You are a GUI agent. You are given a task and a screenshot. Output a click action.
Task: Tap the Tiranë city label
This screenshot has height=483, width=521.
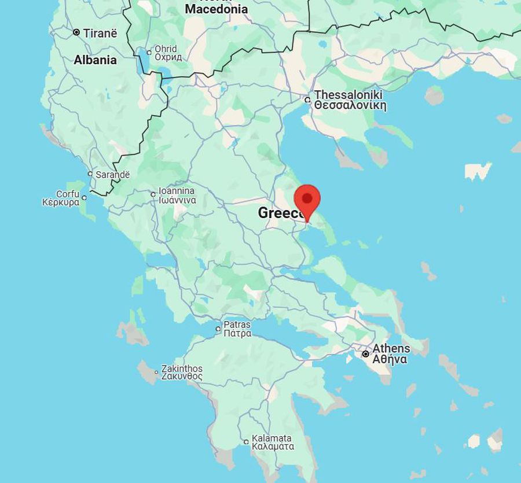coord(100,33)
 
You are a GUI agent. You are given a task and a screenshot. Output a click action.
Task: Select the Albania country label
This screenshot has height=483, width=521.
coord(95,60)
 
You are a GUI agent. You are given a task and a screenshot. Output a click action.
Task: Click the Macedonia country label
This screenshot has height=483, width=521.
coord(216,9)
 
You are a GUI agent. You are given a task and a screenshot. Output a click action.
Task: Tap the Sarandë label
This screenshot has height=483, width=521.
coord(113,174)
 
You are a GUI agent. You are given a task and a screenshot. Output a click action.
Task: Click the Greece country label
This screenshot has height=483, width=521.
coord(277,212)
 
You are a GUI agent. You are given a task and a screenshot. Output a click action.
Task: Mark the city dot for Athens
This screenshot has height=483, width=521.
coord(365,353)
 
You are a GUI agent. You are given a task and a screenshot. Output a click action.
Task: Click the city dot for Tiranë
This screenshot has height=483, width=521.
coord(76,32)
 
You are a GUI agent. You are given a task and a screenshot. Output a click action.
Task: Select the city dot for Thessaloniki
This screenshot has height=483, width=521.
coord(307,99)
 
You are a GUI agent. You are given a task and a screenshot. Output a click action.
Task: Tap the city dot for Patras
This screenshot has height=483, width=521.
coord(218,329)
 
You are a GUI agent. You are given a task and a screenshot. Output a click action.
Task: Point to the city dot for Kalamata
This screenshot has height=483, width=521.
coord(246,442)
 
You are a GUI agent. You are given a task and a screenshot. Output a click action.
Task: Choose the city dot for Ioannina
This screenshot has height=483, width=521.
coord(153,194)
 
